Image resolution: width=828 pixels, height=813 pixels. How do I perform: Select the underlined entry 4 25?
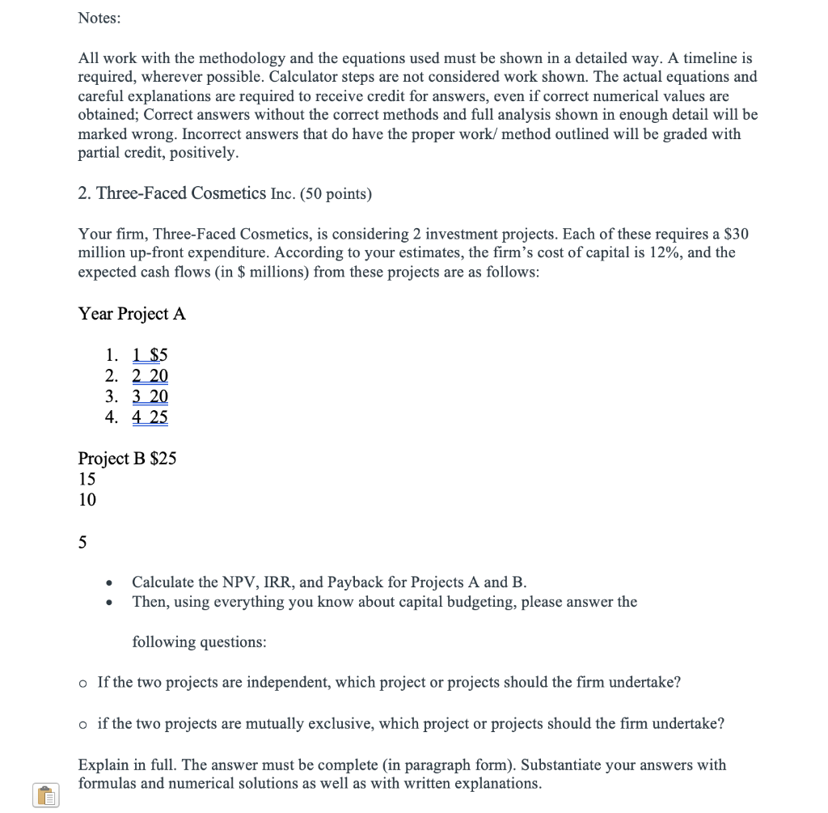tap(150, 417)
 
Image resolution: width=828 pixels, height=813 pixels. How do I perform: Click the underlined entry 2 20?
tap(150, 375)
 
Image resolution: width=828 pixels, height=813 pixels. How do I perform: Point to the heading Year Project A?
tap(132, 314)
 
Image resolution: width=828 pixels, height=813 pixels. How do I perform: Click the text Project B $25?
tap(127, 459)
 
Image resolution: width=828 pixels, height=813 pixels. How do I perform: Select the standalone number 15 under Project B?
tap(87, 479)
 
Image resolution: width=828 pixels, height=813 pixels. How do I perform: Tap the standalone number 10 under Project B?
tap(87, 500)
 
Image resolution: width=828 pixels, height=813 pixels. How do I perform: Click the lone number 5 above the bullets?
tap(82, 542)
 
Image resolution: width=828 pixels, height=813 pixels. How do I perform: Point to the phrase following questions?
tap(199, 642)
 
